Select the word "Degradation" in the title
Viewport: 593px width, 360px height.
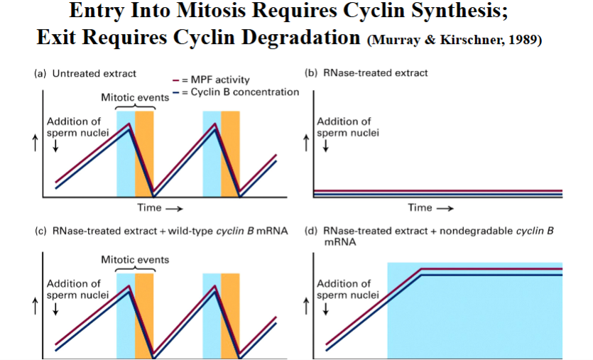(x=296, y=38)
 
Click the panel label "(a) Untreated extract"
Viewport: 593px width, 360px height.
(x=85, y=73)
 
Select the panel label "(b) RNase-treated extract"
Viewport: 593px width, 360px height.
(x=366, y=73)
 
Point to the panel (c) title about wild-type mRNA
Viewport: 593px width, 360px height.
(x=161, y=231)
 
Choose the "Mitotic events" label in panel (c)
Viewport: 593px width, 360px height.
(x=134, y=259)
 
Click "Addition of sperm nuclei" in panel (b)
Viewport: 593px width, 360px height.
(x=344, y=127)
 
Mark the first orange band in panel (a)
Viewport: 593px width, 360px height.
(x=144, y=153)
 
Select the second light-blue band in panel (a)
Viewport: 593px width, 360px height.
(x=212, y=153)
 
